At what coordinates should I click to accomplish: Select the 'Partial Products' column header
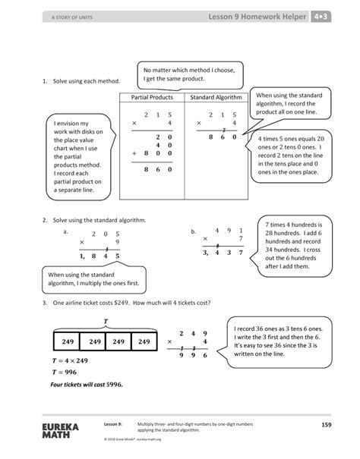[152, 98]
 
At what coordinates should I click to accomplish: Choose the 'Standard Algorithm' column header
[216, 98]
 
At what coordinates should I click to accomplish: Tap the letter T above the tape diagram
[106, 321]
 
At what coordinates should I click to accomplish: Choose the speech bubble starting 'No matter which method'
[191, 75]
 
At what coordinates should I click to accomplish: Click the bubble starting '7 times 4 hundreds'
[293, 245]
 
